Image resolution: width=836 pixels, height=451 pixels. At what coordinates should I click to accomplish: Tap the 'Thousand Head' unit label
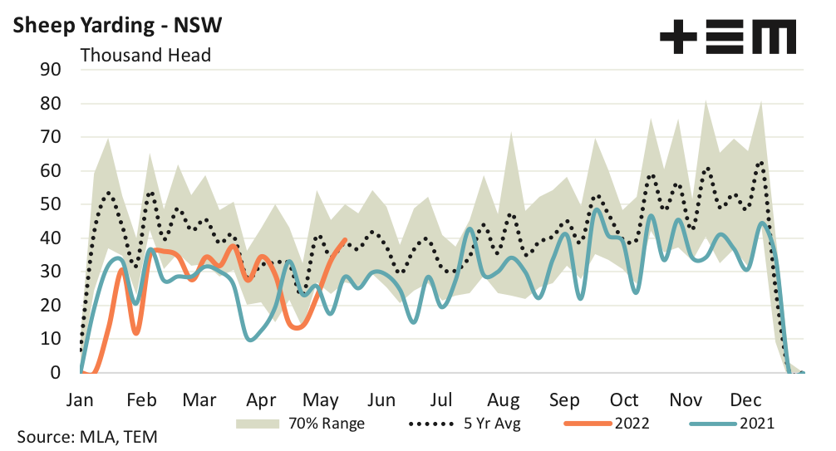point(145,56)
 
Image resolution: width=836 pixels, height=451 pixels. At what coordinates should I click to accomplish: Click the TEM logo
point(728,38)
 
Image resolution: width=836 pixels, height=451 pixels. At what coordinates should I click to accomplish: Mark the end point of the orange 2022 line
point(345,240)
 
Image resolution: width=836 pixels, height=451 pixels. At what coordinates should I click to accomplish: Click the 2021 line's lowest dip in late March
point(250,339)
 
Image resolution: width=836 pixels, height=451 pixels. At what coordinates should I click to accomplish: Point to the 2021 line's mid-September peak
point(597,209)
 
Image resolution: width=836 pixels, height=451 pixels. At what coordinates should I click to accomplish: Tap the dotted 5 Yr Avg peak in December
point(761,163)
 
